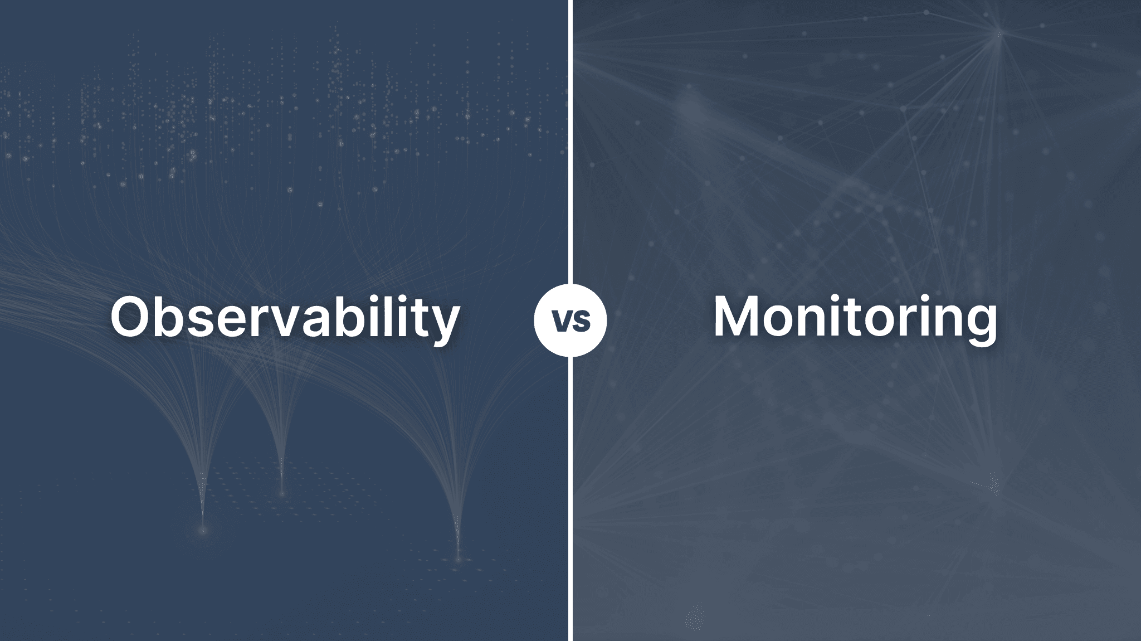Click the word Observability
285,317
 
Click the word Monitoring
855,317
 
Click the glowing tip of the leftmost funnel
203,530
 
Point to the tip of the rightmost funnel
459,557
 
